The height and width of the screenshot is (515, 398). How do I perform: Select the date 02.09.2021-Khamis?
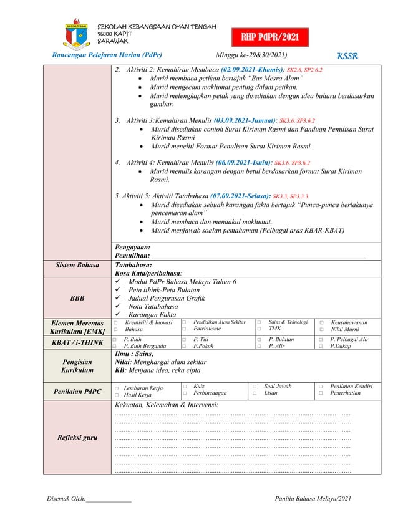coord(248,70)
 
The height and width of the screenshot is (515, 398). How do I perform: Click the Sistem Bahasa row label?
coord(77,265)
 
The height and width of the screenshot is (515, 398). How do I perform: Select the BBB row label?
coord(77,299)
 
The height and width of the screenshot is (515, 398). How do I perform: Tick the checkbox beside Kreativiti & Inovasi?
coord(115,322)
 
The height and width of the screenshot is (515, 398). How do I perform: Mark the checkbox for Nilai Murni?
coord(321,329)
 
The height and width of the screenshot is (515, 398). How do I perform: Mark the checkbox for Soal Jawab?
coord(254,387)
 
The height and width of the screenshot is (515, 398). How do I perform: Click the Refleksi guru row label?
coord(77,438)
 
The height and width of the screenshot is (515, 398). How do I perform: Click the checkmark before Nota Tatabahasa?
coord(116,307)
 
